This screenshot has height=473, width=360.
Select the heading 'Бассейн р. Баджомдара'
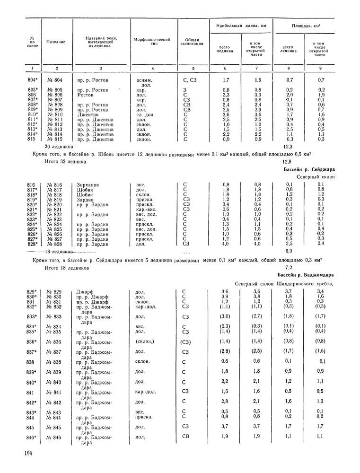tap(306, 275)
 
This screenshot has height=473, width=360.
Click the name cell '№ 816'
tap(55, 184)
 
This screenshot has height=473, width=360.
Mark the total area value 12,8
tap(282, 162)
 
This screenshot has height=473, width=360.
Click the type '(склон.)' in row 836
tap(144, 341)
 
